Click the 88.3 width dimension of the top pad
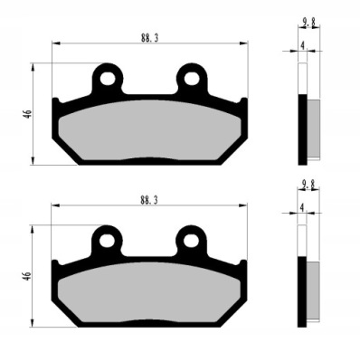tap(149, 38)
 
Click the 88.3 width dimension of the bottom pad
tap(149, 200)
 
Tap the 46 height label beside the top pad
tap(28, 114)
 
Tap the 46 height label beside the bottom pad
tap(27, 276)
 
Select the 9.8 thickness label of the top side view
tap(309, 24)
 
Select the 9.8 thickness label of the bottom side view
tap(308, 186)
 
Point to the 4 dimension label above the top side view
tap(303, 45)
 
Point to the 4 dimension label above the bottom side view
tap(302, 207)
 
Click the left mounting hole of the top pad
tap(108, 79)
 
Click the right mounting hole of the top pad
tap(192, 79)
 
